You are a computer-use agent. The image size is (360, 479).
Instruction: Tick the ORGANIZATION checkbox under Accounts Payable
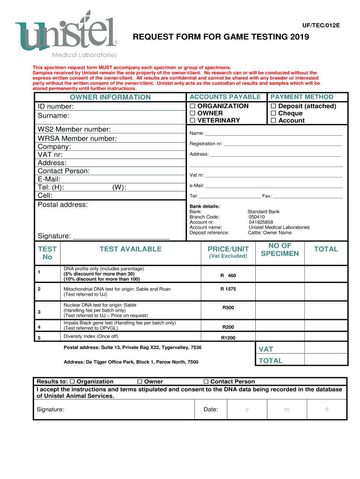tap(192, 106)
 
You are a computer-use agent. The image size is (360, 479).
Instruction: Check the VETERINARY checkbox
tap(192, 121)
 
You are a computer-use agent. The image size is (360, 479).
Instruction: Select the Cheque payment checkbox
tap(274, 114)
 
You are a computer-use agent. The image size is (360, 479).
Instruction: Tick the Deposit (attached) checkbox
tap(274, 106)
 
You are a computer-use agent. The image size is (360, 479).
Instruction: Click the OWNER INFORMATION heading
tap(110, 97)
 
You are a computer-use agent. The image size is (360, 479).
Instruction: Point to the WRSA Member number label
tap(77, 138)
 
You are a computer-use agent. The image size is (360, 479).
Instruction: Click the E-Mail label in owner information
tap(49, 179)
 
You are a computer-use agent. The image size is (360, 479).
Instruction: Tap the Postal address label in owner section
tap(63, 204)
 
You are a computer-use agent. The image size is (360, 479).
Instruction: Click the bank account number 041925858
tap(261, 222)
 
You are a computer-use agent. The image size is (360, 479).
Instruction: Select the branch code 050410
tap(257, 217)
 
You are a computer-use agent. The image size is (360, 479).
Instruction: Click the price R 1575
tap(228, 289)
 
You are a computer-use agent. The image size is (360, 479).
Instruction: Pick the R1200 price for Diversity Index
tap(228, 338)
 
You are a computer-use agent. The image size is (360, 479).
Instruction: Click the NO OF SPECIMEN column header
tap(280, 249)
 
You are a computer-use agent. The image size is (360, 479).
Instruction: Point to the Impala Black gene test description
tap(120, 326)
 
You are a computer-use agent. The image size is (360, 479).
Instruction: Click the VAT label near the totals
tap(266, 349)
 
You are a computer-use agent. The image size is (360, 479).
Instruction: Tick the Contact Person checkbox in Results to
tap(207, 382)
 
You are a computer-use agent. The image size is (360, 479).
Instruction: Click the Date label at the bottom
tap(211, 409)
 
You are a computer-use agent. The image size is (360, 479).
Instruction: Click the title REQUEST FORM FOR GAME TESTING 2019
tap(221, 37)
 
